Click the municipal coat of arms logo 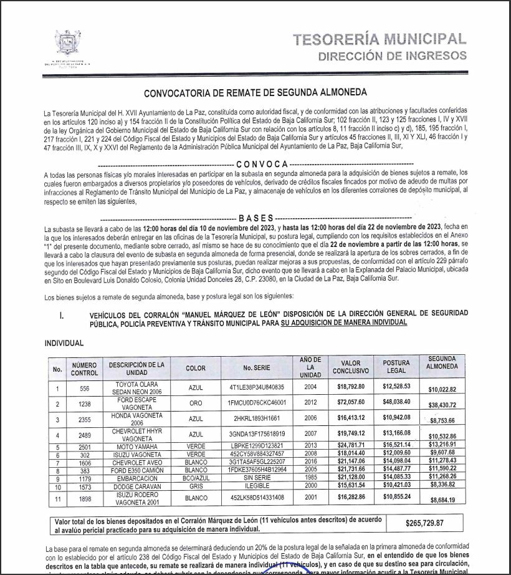(67, 43)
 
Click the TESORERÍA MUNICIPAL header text (380, 39)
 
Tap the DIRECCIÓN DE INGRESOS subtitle (392, 56)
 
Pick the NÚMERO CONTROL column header (84, 369)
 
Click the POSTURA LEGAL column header (396, 367)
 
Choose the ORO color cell (195, 403)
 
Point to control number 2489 (84, 434)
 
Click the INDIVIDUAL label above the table (64, 343)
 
